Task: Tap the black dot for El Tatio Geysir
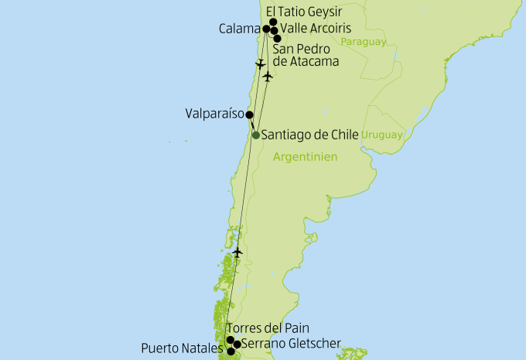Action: click(273, 22)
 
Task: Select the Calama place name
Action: click(241, 29)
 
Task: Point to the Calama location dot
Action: click(267, 29)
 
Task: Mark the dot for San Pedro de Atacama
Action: click(278, 37)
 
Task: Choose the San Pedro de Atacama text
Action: click(307, 55)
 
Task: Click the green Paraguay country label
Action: click(362, 41)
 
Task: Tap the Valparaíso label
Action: click(214, 114)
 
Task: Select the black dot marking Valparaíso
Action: click(249, 115)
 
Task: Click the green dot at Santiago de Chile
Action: click(256, 135)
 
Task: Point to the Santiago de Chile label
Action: click(310, 135)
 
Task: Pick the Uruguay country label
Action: click(382, 135)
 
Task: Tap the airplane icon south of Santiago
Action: click(237, 252)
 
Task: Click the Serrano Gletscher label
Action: click(291, 343)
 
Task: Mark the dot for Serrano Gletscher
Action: click(237, 344)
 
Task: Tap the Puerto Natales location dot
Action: click(231, 351)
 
